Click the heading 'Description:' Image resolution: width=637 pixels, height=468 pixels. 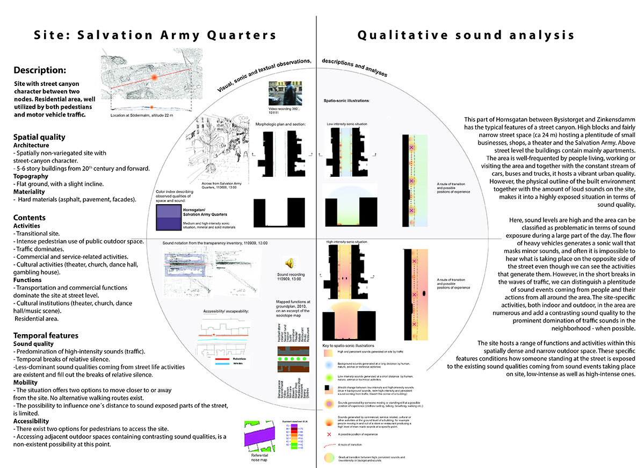(40, 70)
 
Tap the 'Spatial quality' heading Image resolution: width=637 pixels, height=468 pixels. (39, 137)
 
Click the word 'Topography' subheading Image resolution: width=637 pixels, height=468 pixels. (32, 176)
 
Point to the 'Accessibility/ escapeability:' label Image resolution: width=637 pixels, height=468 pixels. (225, 311)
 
